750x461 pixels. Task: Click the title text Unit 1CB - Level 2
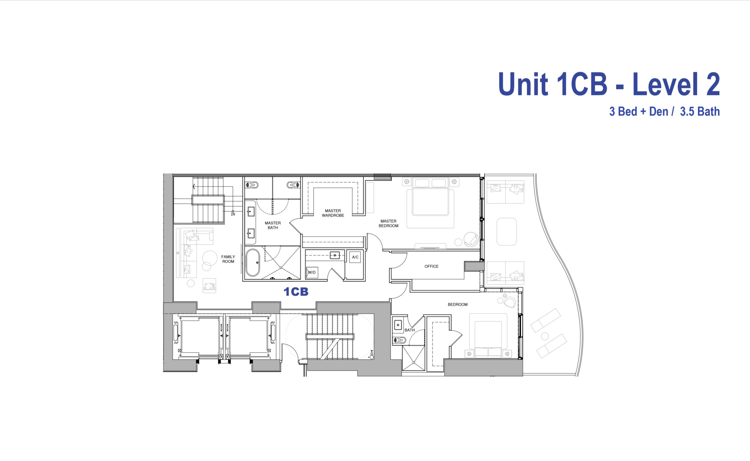click(609, 84)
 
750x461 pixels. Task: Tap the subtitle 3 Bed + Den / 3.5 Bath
click(664, 112)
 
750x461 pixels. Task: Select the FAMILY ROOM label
click(228, 259)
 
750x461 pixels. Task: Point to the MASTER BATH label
click(273, 225)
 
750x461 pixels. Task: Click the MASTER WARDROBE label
click(333, 213)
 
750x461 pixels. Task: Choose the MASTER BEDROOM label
click(388, 223)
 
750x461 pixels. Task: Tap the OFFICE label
click(431, 266)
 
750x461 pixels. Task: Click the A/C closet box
click(355, 257)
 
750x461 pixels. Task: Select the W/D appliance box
click(312, 272)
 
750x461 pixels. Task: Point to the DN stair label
click(233, 214)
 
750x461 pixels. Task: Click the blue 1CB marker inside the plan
click(296, 292)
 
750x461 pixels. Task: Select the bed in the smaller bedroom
click(488, 335)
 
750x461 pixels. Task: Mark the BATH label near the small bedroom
click(409, 330)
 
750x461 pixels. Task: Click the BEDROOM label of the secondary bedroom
click(457, 305)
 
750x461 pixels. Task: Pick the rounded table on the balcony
click(506, 232)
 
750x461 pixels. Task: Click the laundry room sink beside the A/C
click(335, 255)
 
